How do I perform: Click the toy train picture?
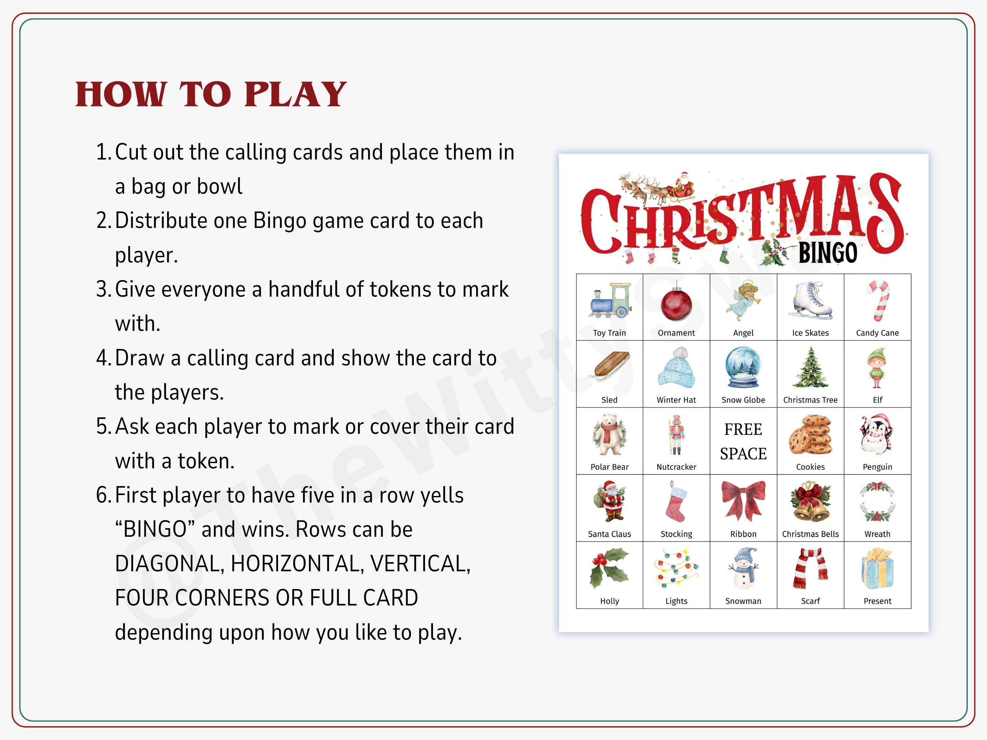pyautogui.click(x=610, y=300)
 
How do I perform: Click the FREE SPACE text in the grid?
pyautogui.click(x=743, y=441)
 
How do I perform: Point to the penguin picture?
pyautogui.click(x=876, y=434)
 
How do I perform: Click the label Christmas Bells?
pyautogui.click(x=810, y=534)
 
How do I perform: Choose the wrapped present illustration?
pyautogui.click(x=877, y=569)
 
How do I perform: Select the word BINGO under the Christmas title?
pyautogui.click(x=828, y=253)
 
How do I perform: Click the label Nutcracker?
pyautogui.click(x=676, y=467)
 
